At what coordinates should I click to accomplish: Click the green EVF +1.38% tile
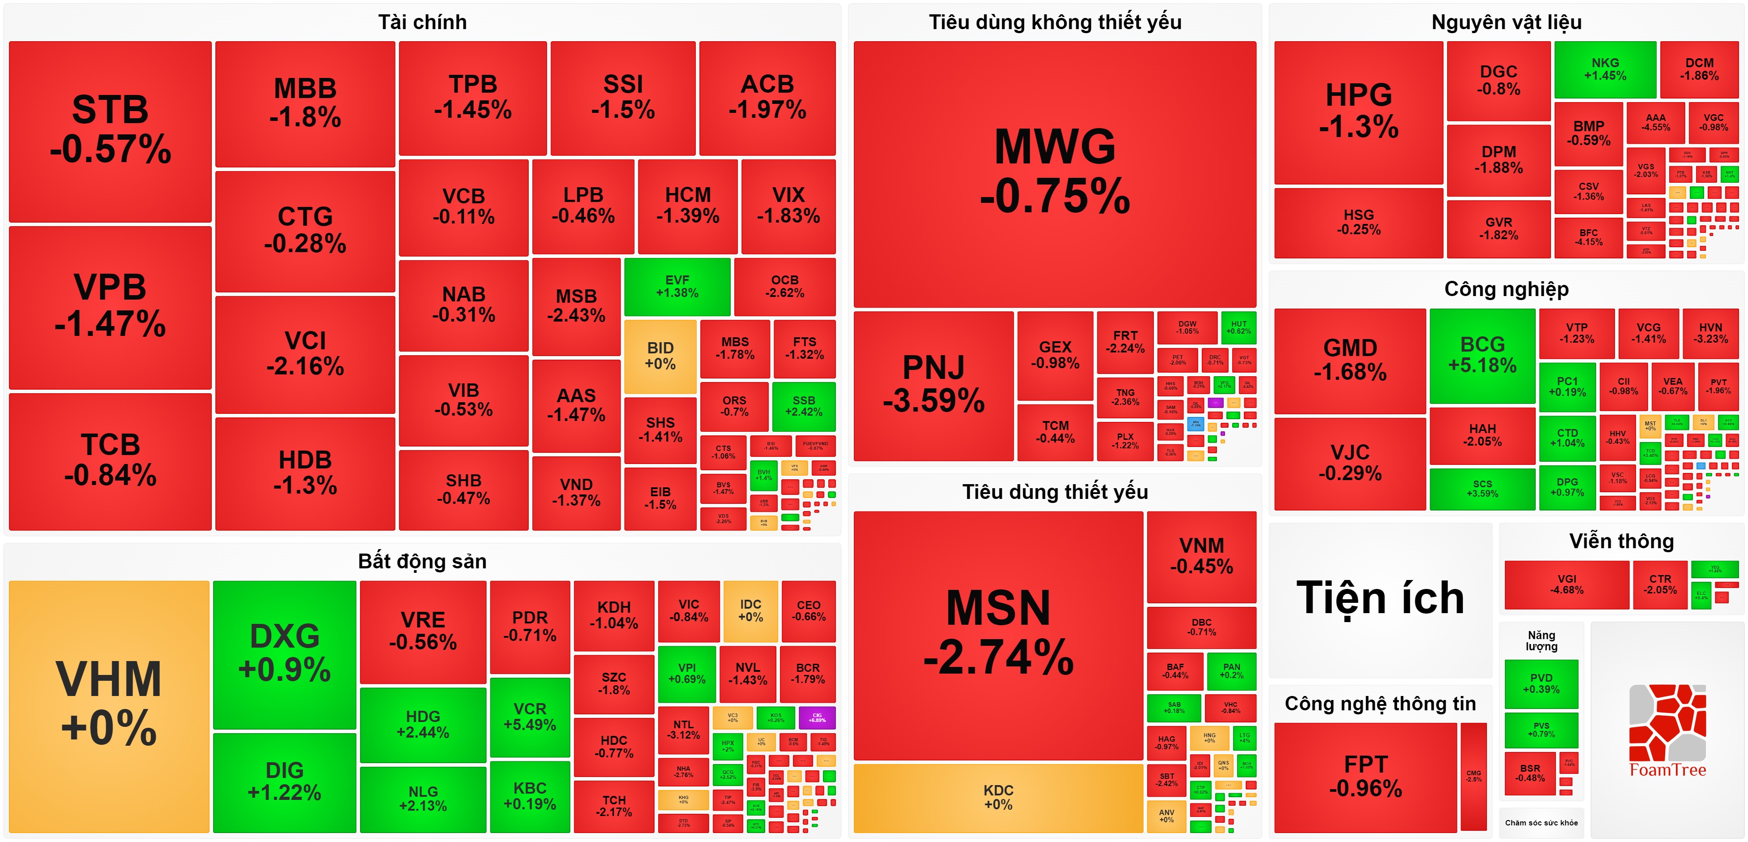point(677,287)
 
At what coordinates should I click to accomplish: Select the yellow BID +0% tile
point(660,356)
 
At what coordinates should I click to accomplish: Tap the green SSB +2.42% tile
point(803,406)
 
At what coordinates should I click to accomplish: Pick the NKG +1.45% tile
point(1605,69)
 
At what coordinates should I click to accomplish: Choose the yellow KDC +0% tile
point(998,798)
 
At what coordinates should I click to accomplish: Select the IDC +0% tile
point(750,610)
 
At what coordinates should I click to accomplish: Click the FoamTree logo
point(1667,730)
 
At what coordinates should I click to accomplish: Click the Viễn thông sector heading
point(1621,541)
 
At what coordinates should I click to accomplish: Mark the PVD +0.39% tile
point(1541,683)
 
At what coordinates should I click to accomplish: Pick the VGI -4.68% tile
point(1566,584)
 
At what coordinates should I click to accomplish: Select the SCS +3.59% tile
point(1482,488)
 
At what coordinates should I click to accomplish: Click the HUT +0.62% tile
point(1238,327)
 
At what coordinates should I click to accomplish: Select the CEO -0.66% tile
point(808,610)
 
